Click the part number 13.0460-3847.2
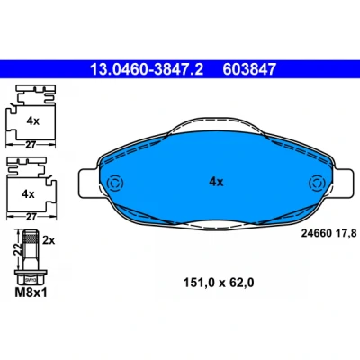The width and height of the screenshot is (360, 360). click(147, 69)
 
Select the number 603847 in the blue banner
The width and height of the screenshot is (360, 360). click(249, 69)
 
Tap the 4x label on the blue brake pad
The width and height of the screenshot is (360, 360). click(216, 182)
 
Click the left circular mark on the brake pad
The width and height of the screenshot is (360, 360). click(115, 183)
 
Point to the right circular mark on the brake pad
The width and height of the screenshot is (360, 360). click(317, 183)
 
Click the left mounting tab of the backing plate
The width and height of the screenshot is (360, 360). click(88, 184)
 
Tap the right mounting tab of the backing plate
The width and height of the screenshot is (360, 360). click(343, 184)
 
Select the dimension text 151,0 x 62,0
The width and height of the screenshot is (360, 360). click(219, 283)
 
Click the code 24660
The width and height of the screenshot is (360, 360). click(316, 233)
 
